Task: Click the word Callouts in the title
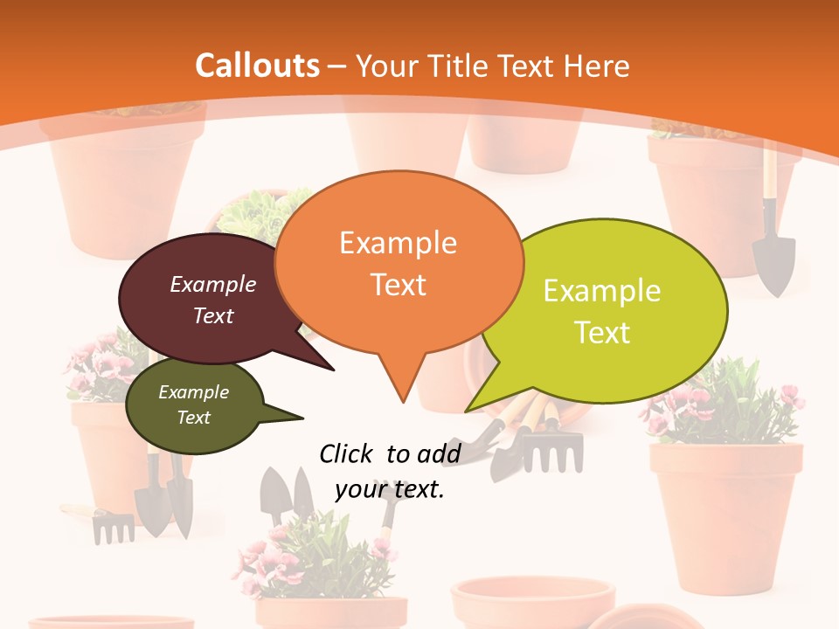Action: coord(257,66)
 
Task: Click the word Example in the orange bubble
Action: coord(398,242)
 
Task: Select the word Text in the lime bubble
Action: coord(602,332)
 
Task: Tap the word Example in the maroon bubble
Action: coord(213,284)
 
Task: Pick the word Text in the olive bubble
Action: coord(193,418)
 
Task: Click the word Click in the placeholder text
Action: coord(347,453)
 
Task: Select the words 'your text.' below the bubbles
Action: coord(390,489)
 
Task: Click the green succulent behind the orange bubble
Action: coord(253,214)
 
